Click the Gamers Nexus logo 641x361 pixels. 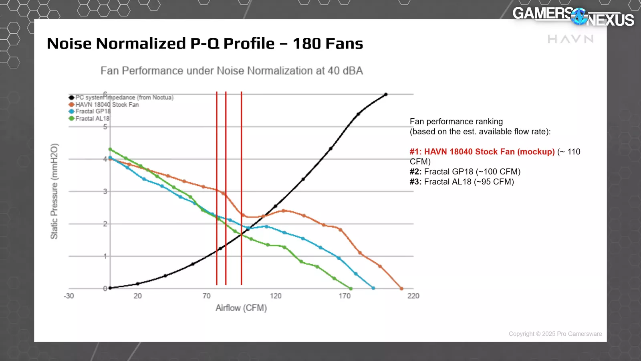click(x=573, y=16)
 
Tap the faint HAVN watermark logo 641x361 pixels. click(x=570, y=39)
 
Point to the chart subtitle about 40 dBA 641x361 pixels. click(x=232, y=71)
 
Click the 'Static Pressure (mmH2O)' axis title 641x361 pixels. click(x=54, y=191)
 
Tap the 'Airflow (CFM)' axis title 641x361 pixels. click(x=241, y=308)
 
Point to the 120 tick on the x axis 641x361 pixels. click(x=276, y=296)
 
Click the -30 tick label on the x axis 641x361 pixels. click(x=69, y=296)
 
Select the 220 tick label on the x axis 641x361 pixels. click(x=413, y=296)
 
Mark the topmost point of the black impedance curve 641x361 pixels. click(x=386, y=95)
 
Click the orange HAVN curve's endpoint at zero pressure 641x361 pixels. click(x=401, y=288)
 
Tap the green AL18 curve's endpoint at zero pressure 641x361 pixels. click(x=351, y=288)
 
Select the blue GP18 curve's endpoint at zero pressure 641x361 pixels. click(x=373, y=288)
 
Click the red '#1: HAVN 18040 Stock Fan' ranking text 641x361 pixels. click(x=482, y=152)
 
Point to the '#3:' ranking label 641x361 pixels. click(x=415, y=182)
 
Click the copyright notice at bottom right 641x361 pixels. click(x=555, y=334)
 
